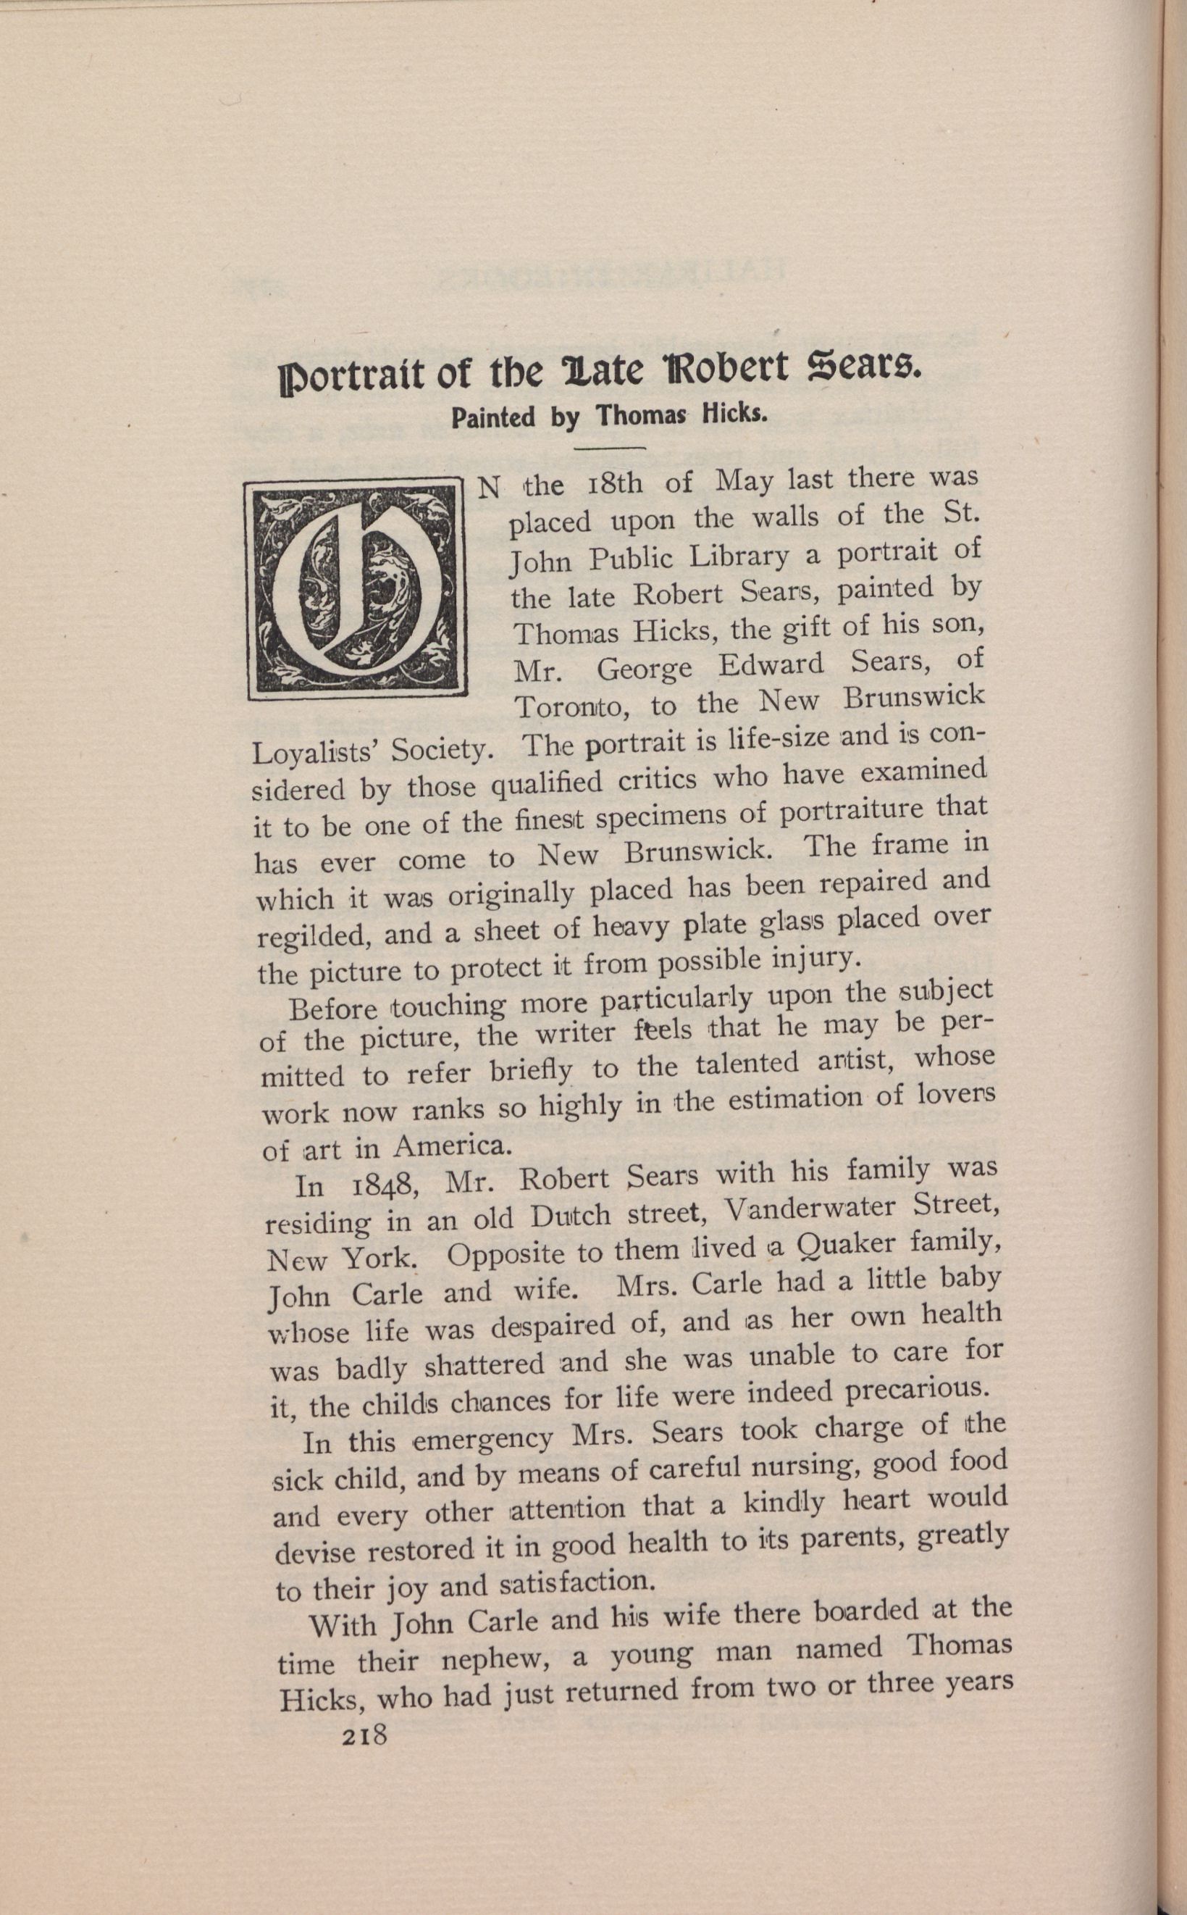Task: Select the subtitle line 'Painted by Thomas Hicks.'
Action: pos(608,415)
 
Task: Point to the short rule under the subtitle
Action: pos(610,448)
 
